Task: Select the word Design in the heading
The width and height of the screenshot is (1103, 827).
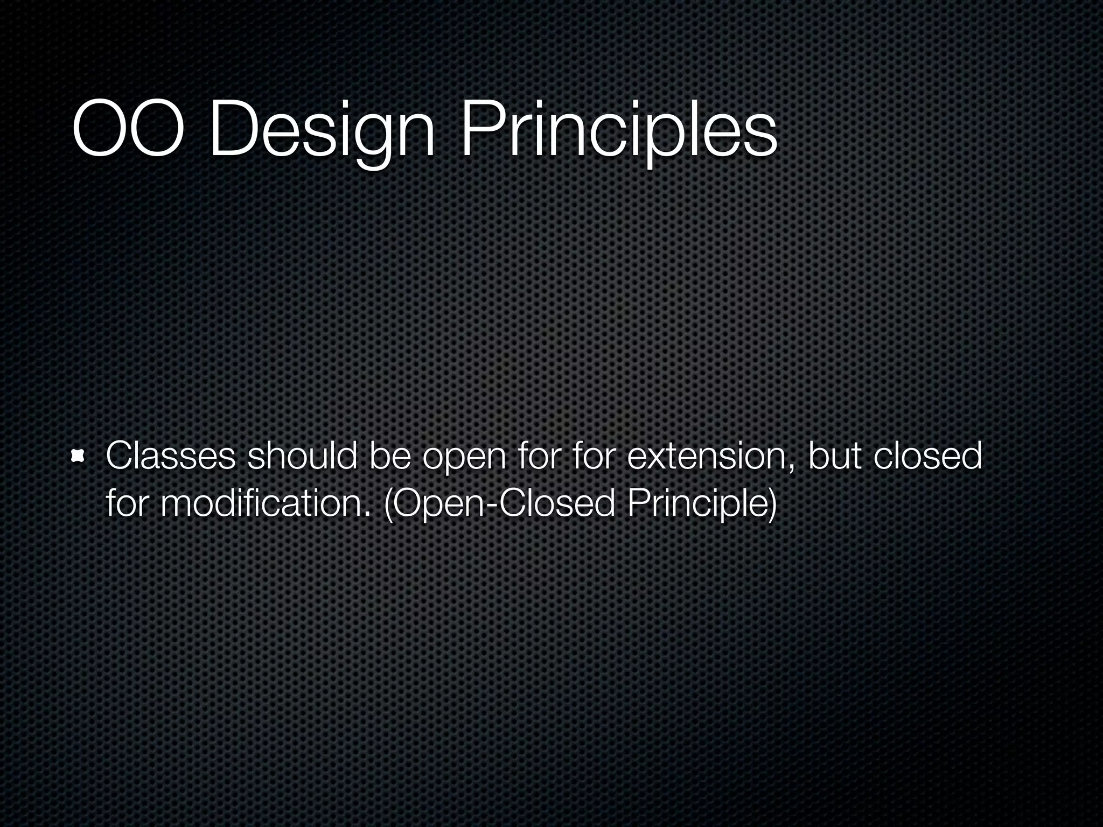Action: pos(322,132)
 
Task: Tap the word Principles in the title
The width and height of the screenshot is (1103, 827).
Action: pos(618,132)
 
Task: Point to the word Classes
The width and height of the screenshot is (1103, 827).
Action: pos(170,455)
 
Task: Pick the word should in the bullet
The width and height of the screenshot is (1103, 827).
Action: pos(302,455)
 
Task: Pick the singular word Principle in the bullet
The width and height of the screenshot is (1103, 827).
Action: pos(695,505)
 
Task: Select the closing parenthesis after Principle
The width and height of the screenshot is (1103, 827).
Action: pos(772,505)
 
